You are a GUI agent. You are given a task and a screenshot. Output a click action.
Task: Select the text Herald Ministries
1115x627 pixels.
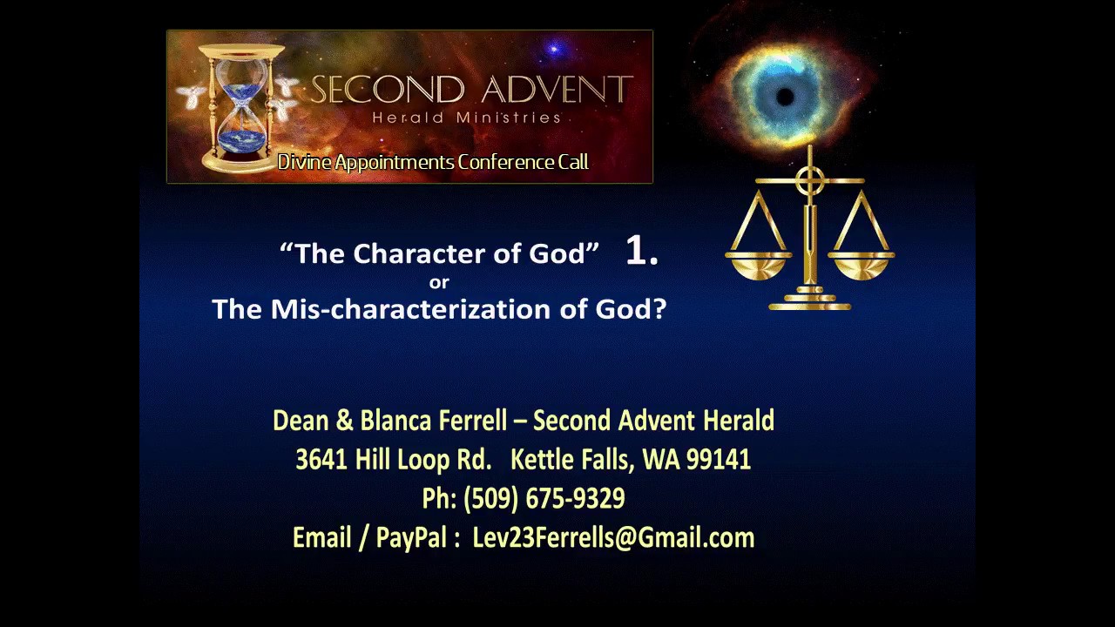[466, 118]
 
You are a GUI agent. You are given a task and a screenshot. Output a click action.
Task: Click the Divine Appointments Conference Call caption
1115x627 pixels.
[433, 162]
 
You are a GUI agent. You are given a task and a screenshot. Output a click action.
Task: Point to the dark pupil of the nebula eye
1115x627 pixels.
[784, 97]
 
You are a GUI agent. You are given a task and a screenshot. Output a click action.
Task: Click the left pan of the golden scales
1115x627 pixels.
[759, 264]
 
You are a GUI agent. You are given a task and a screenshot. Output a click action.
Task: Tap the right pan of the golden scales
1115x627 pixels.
[861, 264]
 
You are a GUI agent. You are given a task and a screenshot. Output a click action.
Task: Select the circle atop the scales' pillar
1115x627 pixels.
[810, 181]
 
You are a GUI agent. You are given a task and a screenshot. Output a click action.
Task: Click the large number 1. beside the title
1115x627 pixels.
[642, 252]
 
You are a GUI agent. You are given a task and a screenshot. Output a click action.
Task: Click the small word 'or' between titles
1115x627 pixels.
[439, 282]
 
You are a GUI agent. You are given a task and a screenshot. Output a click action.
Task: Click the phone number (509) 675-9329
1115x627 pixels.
[544, 499]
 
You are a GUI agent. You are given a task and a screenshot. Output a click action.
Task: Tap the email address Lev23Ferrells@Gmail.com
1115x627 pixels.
[613, 538]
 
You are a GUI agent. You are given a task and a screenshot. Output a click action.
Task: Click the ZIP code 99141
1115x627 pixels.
[719, 460]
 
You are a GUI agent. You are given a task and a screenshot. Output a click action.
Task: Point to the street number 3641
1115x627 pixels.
[321, 460]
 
